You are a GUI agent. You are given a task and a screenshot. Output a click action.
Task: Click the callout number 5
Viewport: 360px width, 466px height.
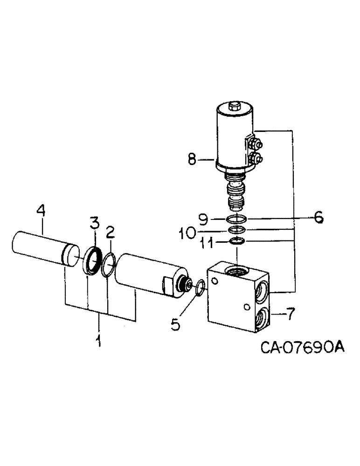pos(175,324)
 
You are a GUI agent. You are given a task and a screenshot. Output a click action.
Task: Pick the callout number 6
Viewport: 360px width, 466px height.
pos(318,217)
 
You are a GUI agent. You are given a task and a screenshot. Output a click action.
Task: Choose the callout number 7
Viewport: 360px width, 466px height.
pos(290,315)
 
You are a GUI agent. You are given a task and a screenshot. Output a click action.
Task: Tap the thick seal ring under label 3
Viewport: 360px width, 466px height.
pos(92,259)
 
